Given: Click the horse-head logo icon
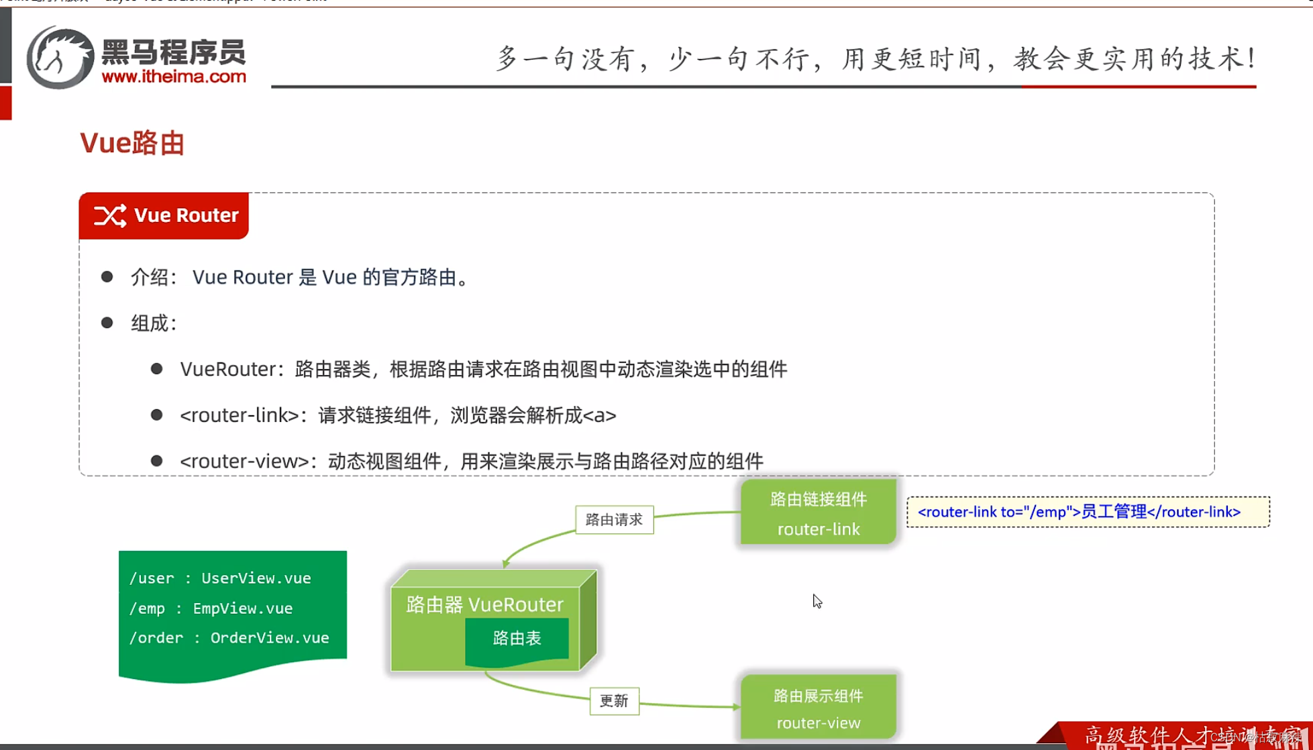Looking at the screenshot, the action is tap(60, 58).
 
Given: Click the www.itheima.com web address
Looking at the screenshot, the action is tap(174, 76).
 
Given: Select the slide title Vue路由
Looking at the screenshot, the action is tap(132, 143).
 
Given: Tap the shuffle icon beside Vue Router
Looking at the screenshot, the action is tap(110, 215).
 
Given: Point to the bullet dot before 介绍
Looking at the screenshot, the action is tap(107, 276).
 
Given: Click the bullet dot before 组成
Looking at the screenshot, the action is tap(107, 323).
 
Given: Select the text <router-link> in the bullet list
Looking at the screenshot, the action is tap(240, 415).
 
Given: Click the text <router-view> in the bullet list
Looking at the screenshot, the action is tap(244, 462).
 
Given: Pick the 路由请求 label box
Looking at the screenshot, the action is tap(614, 520).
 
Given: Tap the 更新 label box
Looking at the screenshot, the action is tap(614, 701).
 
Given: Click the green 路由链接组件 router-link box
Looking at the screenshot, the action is tap(818, 513).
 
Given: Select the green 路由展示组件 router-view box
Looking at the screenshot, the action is tap(818, 708).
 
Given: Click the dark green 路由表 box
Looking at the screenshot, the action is tap(517, 639).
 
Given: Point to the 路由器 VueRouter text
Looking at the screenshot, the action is tap(484, 604).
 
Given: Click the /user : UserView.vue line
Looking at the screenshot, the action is tap(220, 578).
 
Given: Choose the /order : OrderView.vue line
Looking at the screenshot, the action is tap(229, 638).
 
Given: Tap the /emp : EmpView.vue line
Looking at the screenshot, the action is tap(211, 608).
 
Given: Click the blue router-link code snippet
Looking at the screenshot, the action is tap(1079, 512).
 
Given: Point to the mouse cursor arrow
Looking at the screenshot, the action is tap(817, 600).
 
